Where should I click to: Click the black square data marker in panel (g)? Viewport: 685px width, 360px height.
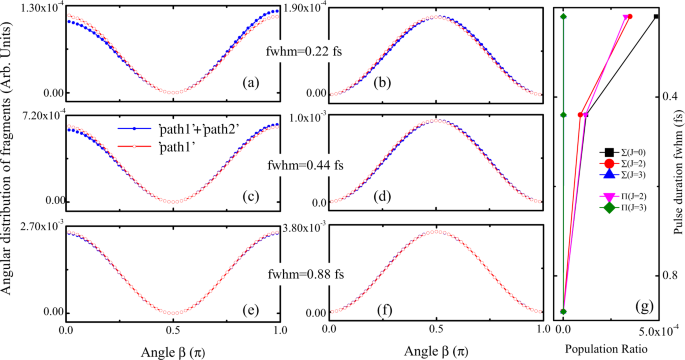pyautogui.click(x=657, y=16)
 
